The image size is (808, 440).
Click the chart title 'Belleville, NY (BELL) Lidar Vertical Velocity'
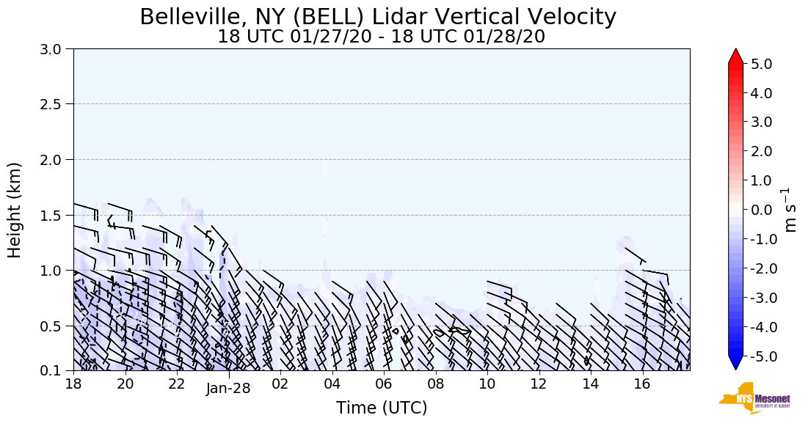coord(378,17)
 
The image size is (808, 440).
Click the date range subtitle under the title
coord(381,37)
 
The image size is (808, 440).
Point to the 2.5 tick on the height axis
coord(56,104)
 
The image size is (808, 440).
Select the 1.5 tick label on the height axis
coord(56,215)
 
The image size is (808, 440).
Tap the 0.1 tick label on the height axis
coord(56,371)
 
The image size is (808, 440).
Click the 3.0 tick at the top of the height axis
coord(56,49)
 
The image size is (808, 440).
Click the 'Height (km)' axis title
coord(15,210)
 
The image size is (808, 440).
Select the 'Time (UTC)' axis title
coord(382,408)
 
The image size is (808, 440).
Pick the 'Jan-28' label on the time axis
coord(228,389)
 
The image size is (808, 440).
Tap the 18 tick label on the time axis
coord(73,384)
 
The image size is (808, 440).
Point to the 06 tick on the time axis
coord(384,384)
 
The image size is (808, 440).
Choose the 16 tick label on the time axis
coord(642,384)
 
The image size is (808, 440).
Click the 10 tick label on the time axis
coord(487,384)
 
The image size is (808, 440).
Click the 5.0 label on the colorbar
coord(760,64)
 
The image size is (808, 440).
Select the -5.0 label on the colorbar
coord(758,356)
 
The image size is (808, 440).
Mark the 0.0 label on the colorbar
coord(760,210)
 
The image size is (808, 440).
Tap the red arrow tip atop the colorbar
coord(736,55)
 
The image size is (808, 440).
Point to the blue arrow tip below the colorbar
coord(736,364)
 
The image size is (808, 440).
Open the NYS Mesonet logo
coord(754,398)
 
